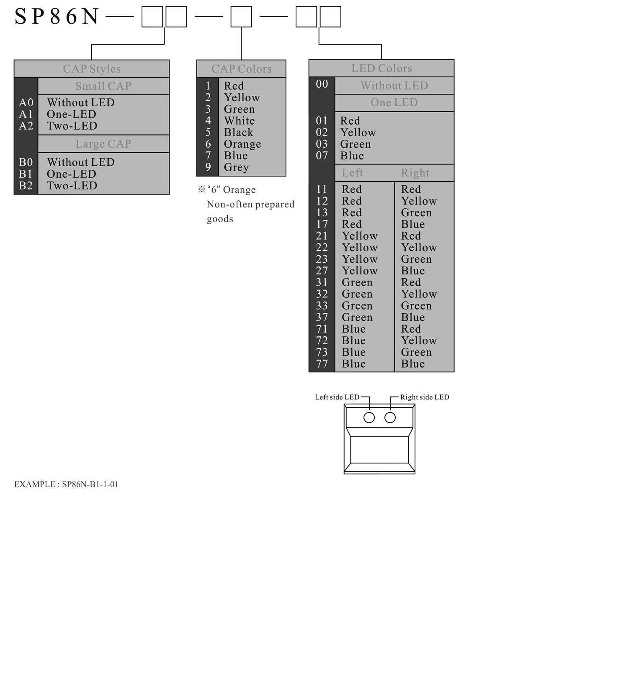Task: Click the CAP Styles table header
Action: coord(92,69)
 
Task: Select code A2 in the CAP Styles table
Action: coord(26,126)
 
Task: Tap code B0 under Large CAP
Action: coord(26,162)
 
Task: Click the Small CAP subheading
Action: coord(103,86)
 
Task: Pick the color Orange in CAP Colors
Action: coord(242,144)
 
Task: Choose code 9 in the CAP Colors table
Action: coord(208,167)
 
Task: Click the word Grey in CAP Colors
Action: coord(237,167)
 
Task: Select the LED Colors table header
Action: coord(381,68)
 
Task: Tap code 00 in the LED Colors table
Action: coord(322,84)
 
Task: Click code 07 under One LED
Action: coord(322,156)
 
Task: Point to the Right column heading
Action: coord(415,173)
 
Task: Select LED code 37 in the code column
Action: coord(322,317)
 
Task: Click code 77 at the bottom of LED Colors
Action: coord(322,364)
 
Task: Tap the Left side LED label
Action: coord(337,397)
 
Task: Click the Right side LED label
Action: coord(425,397)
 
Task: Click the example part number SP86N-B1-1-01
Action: coord(90,484)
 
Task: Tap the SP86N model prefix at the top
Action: coord(57,17)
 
